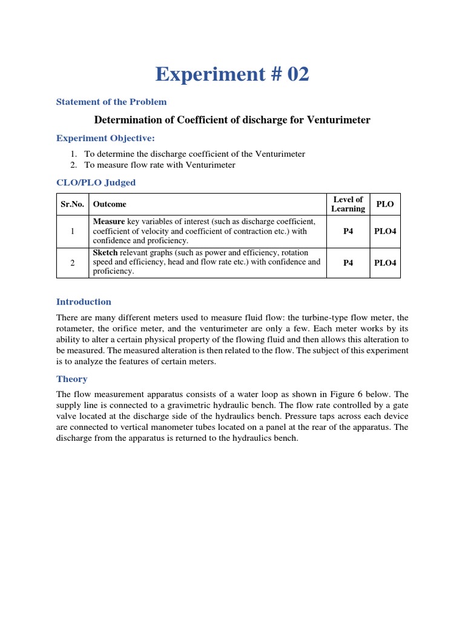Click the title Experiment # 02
point(232,74)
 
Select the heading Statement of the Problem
point(111,102)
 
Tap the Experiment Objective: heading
point(106,138)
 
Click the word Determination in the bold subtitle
point(123,120)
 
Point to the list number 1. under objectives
point(74,154)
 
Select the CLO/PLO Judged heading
point(96,182)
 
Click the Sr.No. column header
point(73,204)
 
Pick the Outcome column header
point(110,204)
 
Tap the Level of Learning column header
point(348,204)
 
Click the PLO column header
point(384,204)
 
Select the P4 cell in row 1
point(348,231)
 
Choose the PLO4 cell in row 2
point(384,263)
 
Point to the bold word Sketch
point(105,252)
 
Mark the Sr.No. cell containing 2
point(73,263)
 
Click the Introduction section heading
point(84,302)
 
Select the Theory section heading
point(71,379)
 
